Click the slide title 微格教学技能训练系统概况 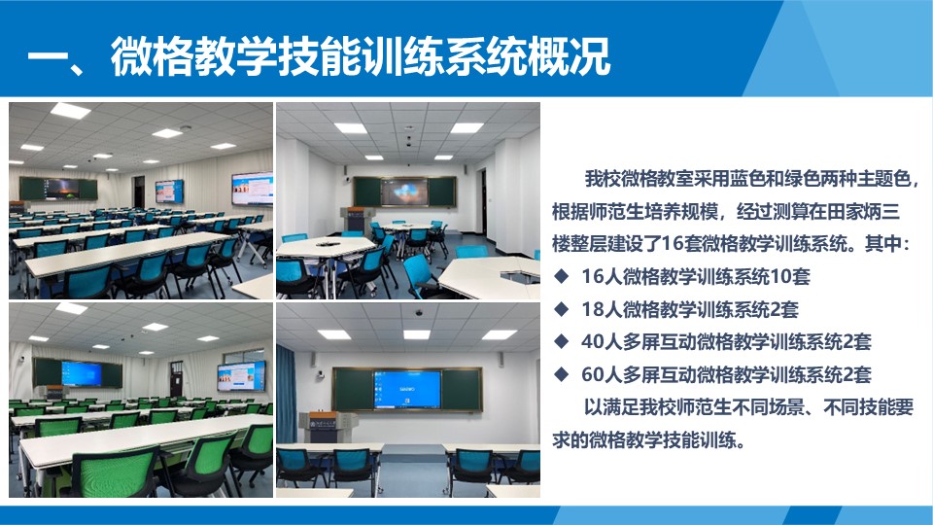[x=361, y=56]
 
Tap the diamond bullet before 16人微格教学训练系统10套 [x=561, y=275]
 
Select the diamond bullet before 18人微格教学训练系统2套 [x=561, y=309]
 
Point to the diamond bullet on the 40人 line [x=561, y=341]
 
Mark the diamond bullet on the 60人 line [x=561, y=373]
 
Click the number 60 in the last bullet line [x=593, y=374]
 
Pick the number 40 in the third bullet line [x=593, y=341]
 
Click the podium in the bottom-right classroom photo [x=328, y=428]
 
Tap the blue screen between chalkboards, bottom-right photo [x=407, y=389]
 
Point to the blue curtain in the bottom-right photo [x=286, y=394]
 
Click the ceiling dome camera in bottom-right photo [x=418, y=312]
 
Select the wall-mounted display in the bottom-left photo [x=241, y=376]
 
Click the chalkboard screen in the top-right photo [x=405, y=192]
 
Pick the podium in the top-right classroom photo [x=353, y=220]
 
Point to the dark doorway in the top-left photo [x=139, y=192]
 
